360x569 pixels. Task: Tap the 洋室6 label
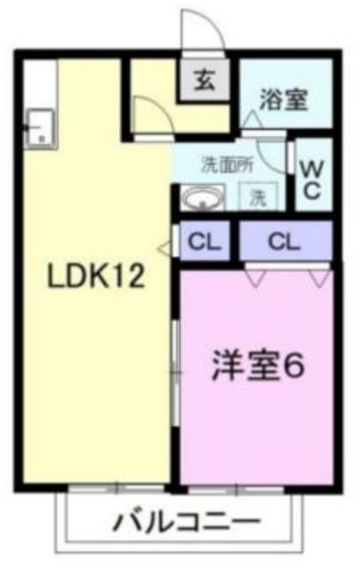coord(259,366)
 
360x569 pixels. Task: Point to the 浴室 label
coord(284,99)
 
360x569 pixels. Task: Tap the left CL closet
coord(206,239)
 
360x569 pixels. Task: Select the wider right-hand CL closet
coord(284,239)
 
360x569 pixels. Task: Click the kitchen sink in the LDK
coord(39,128)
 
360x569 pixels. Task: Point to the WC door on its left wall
coord(292,160)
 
